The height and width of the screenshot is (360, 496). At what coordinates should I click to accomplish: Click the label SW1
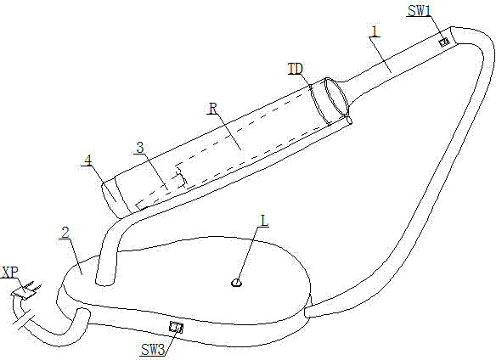click(419, 11)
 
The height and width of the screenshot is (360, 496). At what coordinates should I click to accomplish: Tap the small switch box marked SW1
click(445, 42)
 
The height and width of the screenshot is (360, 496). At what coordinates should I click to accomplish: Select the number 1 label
click(375, 31)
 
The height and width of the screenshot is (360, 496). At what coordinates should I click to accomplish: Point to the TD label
click(296, 69)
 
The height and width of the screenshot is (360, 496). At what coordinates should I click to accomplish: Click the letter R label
click(213, 109)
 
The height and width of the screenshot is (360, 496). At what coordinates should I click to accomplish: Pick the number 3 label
click(140, 148)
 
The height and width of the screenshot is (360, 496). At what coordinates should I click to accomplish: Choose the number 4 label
click(88, 160)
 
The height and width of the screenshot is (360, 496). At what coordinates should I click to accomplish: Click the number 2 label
click(65, 233)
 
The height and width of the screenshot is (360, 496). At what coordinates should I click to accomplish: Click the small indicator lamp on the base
click(236, 283)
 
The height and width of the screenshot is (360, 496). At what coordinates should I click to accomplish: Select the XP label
click(9, 273)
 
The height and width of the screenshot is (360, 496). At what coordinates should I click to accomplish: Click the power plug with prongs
click(26, 290)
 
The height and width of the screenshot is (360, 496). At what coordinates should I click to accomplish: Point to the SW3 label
click(153, 350)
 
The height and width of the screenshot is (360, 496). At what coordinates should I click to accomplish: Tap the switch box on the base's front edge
click(176, 327)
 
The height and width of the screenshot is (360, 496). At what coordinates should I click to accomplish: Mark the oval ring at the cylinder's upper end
click(337, 96)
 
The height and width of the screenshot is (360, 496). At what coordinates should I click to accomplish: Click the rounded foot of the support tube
click(105, 281)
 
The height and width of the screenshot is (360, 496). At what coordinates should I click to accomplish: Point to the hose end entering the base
click(308, 312)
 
